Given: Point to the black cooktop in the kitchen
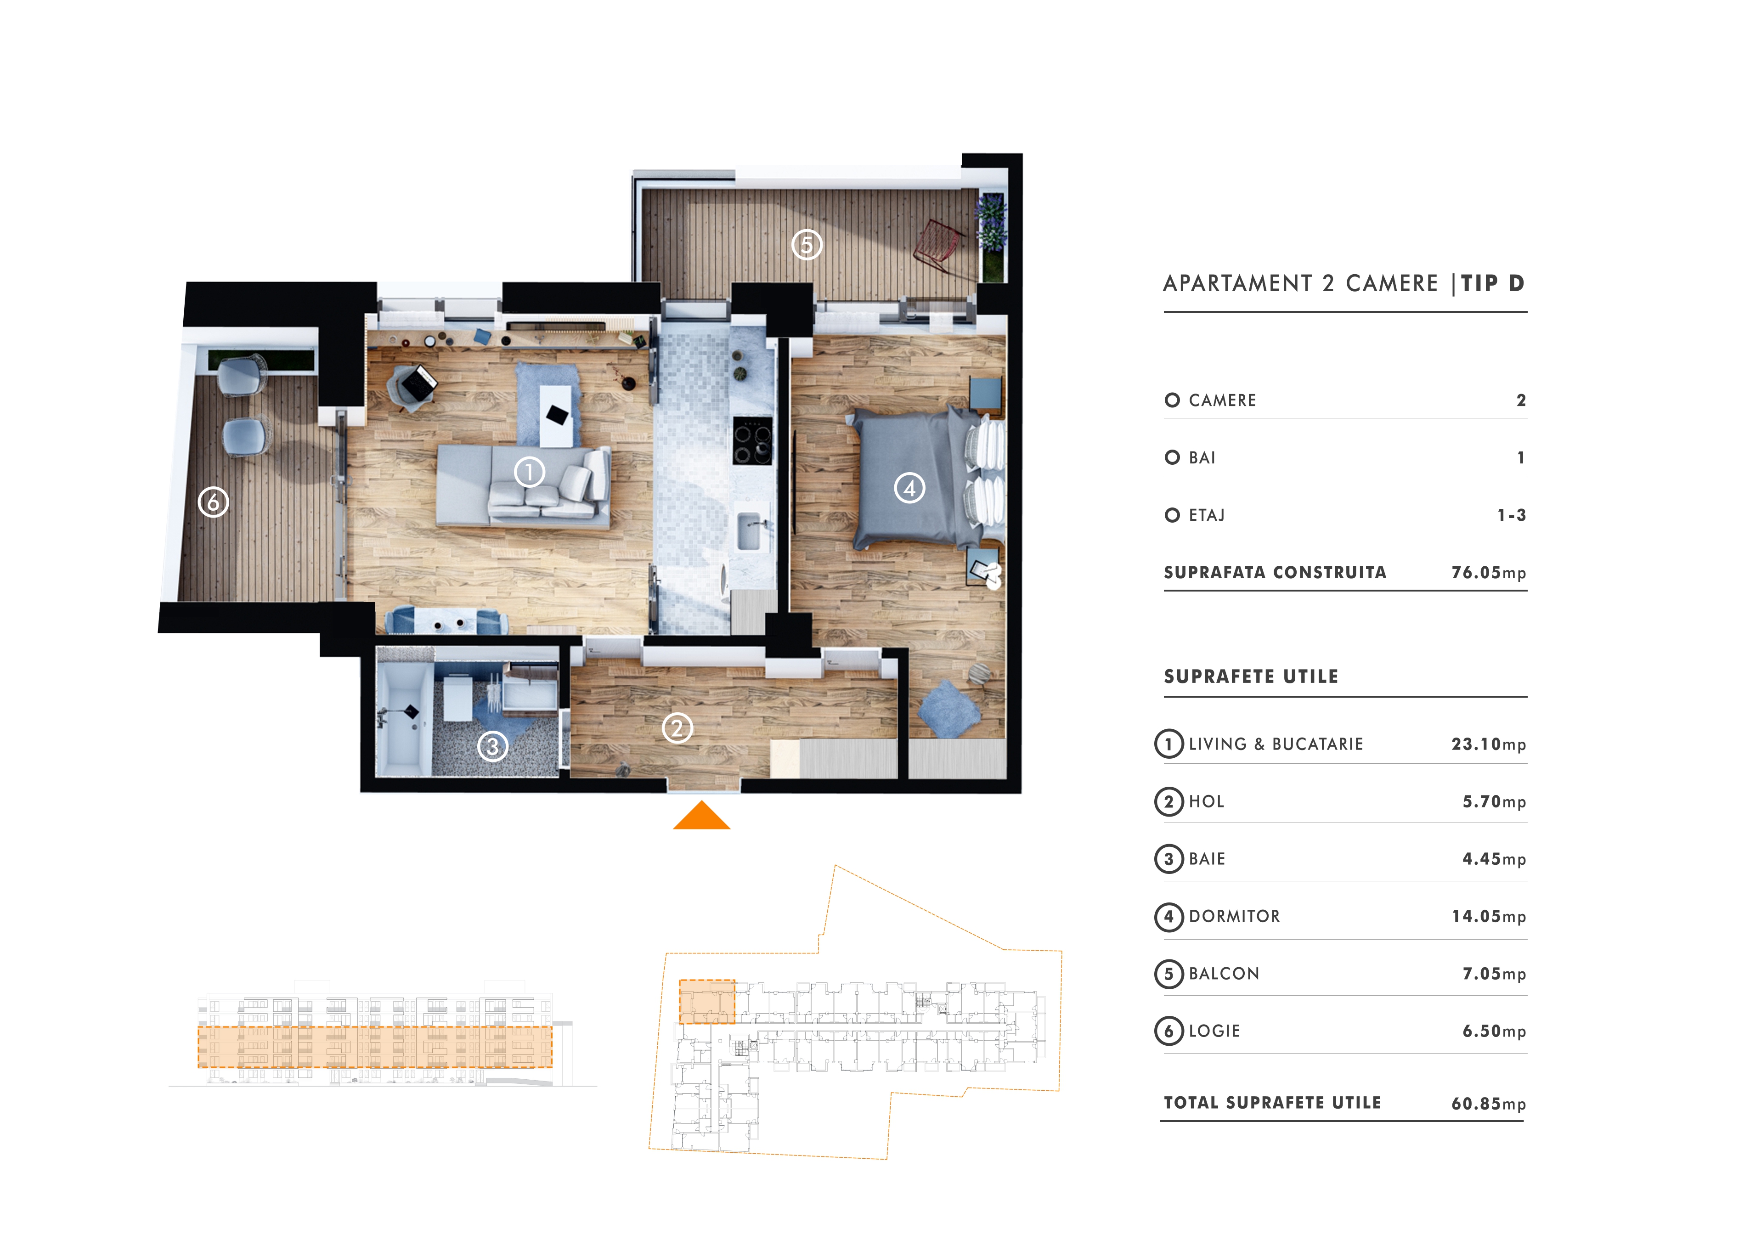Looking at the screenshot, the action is [x=752, y=440].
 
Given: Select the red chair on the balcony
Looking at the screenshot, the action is [x=937, y=246].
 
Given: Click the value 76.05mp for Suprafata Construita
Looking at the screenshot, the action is [x=1488, y=573].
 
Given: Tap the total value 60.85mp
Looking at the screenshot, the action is [x=1488, y=1103].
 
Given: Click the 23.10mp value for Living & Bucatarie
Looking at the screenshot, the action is [x=1488, y=744].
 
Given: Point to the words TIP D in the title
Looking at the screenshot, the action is [x=1493, y=283].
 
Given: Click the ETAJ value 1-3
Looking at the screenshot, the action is [x=1511, y=515].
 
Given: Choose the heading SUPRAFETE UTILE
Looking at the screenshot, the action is [x=1251, y=676].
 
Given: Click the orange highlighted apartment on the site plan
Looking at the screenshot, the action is [x=707, y=1002].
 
